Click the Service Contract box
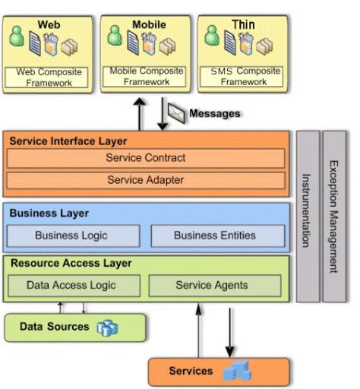(146, 158)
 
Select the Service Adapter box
(146, 181)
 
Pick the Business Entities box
(216, 236)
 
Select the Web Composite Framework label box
(49, 76)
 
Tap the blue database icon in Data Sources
(107, 327)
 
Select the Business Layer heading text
(49, 213)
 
